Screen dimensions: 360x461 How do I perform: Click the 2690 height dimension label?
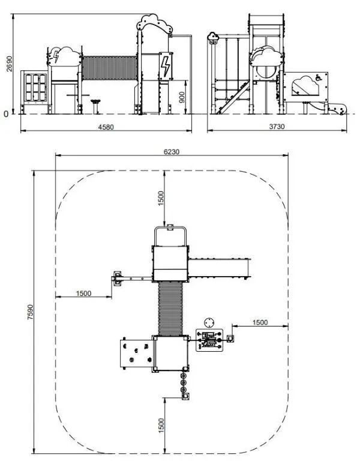tap(10, 64)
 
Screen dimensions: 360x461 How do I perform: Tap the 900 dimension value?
tap(182, 97)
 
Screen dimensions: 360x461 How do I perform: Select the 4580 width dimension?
tap(106, 127)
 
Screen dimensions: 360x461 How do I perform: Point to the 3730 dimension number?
tap(277, 127)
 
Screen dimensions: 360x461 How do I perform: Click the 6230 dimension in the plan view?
tap(172, 152)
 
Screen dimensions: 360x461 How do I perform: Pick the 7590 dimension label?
tap(30, 312)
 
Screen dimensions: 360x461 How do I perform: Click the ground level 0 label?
tap(6, 114)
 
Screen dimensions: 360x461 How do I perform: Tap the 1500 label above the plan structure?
tap(161, 199)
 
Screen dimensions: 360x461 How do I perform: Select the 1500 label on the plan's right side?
tap(260, 322)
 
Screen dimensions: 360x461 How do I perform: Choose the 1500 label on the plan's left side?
tap(84, 294)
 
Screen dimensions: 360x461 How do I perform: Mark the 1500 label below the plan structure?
tap(161, 426)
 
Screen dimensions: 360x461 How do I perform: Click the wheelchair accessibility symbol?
tap(318, 77)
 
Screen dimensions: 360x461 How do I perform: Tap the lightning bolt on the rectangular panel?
tap(166, 67)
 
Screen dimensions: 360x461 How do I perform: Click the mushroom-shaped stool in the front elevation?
tap(95, 106)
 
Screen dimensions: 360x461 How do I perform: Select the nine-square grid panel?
tap(35, 87)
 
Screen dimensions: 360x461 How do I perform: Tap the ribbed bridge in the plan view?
tap(170, 309)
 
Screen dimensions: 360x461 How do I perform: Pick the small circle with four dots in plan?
tap(209, 322)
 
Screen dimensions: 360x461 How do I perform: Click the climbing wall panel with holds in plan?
tap(136, 354)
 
